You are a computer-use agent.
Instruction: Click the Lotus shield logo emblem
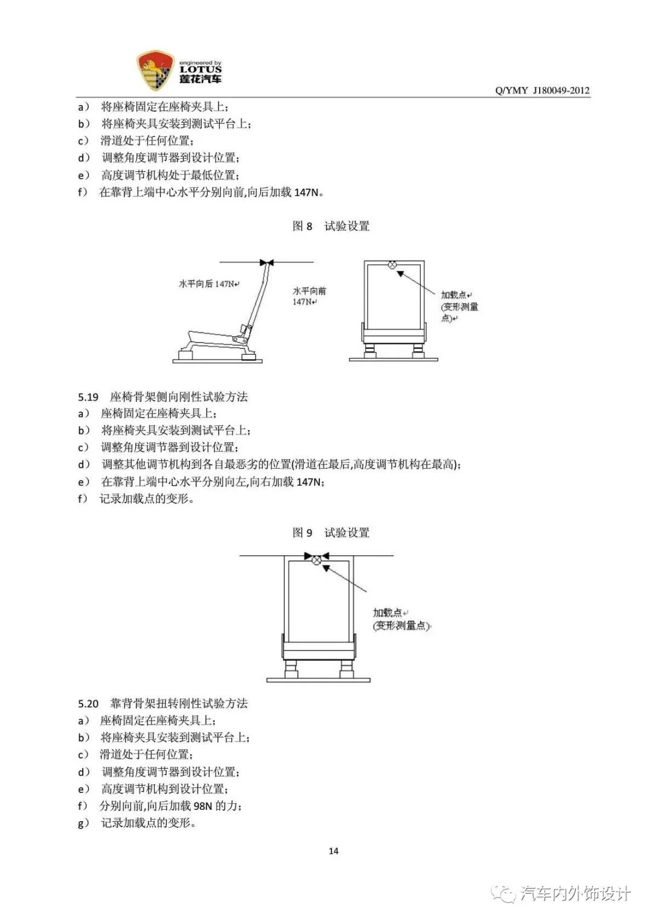pyautogui.click(x=155, y=71)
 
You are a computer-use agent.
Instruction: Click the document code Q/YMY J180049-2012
pyautogui.click(x=542, y=91)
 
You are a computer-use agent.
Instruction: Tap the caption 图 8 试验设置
pyautogui.click(x=331, y=226)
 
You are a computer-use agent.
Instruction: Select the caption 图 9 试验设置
pyautogui.click(x=331, y=533)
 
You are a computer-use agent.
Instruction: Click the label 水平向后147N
pyautogui.click(x=209, y=284)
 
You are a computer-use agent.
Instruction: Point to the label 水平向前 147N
pyautogui.click(x=309, y=296)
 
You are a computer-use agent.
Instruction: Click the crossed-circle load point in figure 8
pyautogui.click(x=392, y=265)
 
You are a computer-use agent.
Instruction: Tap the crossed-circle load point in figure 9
pyautogui.click(x=316, y=561)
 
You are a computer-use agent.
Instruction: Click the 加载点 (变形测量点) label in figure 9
pyautogui.click(x=401, y=620)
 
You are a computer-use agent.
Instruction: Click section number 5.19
pyautogui.click(x=88, y=397)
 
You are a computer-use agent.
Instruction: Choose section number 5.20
pyautogui.click(x=88, y=704)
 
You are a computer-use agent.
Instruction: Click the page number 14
pyautogui.click(x=333, y=851)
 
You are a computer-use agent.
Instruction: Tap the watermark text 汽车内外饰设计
pyautogui.click(x=575, y=894)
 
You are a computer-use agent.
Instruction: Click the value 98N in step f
pyautogui.click(x=203, y=806)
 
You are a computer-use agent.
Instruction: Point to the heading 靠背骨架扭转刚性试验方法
pyautogui.click(x=179, y=704)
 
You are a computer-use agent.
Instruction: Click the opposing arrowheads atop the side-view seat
pyautogui.click(x=266, y=262)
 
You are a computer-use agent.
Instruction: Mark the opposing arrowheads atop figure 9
pyautogui.click(x=316, y=556)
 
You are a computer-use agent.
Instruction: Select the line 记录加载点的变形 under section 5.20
pyautogui.click(x=147, y=823)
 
